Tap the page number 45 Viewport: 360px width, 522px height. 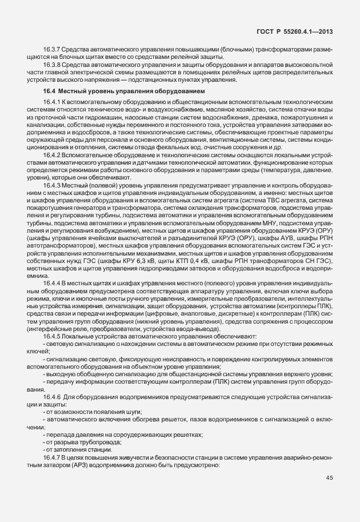click(330, 478)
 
